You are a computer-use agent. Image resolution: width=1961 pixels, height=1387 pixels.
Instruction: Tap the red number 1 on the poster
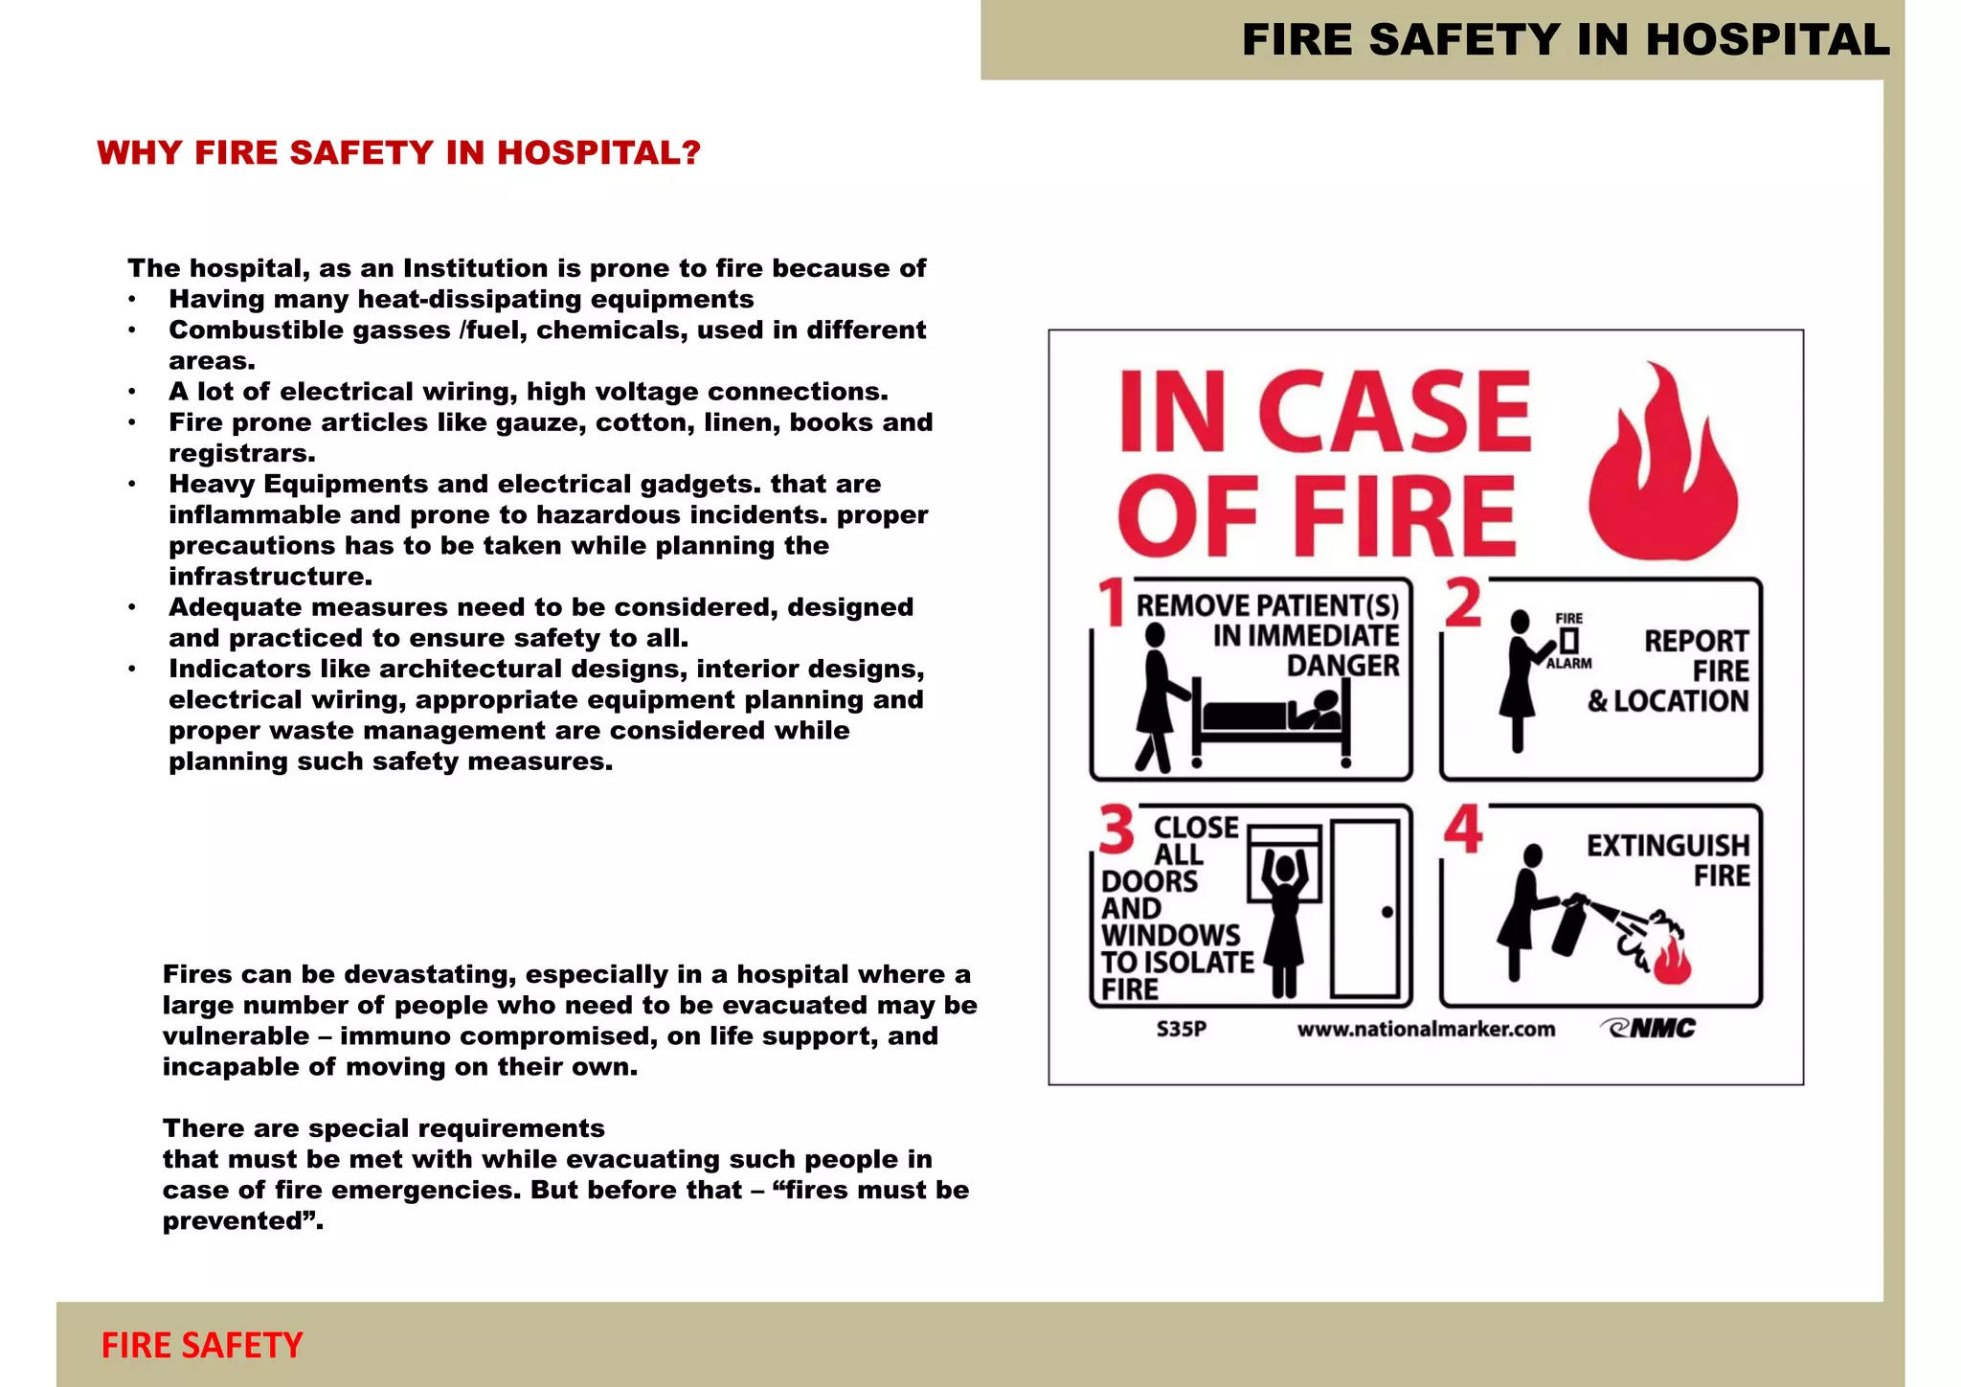pos(1112,603)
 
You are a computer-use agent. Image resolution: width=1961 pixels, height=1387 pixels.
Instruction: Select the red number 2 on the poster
pos(1462,603)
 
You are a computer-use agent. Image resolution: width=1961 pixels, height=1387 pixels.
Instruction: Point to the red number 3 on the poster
pos(1116,830)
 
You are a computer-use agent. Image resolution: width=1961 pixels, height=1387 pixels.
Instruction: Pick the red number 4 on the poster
pos(1463,830)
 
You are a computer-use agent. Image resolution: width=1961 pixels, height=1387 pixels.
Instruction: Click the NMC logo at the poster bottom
pos(1649,1028)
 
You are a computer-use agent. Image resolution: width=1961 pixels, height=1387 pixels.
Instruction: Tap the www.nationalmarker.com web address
pos(1426,1029)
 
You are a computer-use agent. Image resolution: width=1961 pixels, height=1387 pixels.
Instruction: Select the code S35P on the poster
pos(1181,1029)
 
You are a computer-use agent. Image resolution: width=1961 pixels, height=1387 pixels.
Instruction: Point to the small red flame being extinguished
pos(1673,963)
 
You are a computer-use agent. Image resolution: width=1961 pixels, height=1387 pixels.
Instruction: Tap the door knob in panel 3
pos(1386,912)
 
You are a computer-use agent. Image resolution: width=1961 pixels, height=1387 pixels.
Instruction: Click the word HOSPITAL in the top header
pos(1767,40)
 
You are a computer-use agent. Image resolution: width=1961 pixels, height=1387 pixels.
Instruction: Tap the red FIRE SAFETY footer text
pos(202,1345)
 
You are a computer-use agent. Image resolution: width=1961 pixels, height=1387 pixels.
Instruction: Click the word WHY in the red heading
pos(139,153)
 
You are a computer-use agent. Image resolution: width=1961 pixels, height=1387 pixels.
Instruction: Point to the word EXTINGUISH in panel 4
pos(1667,846)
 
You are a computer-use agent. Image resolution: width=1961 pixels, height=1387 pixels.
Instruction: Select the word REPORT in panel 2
pos(1696,641)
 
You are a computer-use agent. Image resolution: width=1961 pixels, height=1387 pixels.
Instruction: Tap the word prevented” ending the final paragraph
pos(242,1221)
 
